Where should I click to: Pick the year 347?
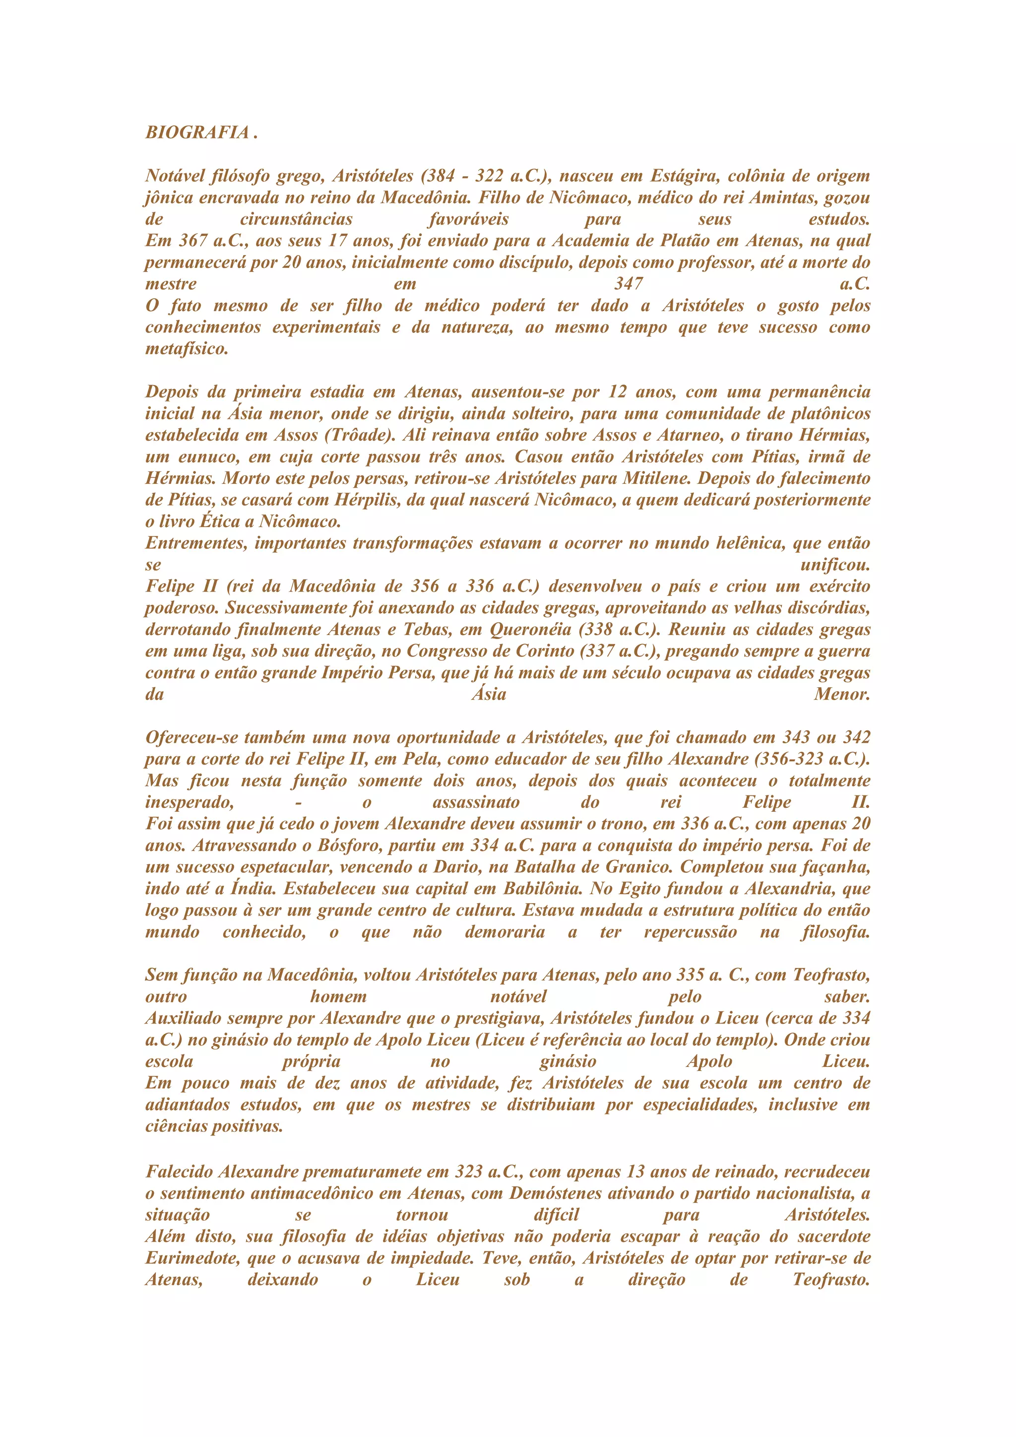pyautogui.click(x=628, y=284)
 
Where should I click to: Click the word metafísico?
pyautogui.click(x=187, y=349)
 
